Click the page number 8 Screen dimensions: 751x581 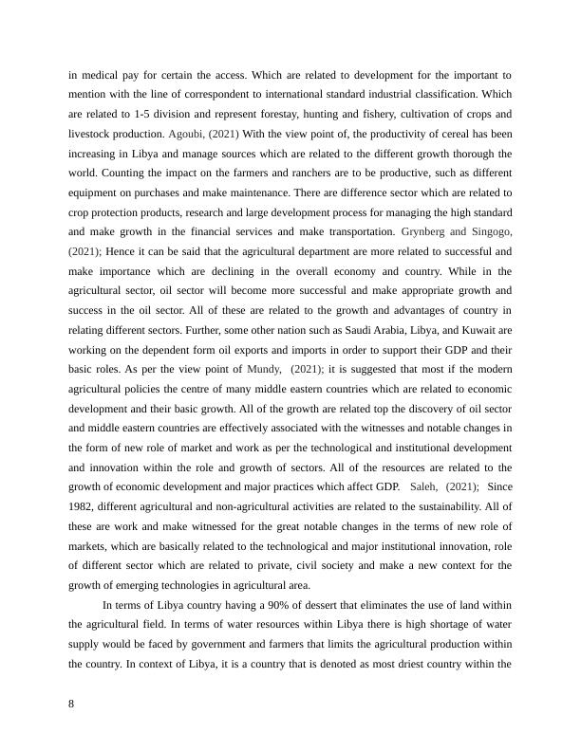[72, 704]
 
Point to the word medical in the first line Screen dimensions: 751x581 [102, 73]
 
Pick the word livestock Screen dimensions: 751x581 [92, 133]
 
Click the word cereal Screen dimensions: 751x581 [415, 133]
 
